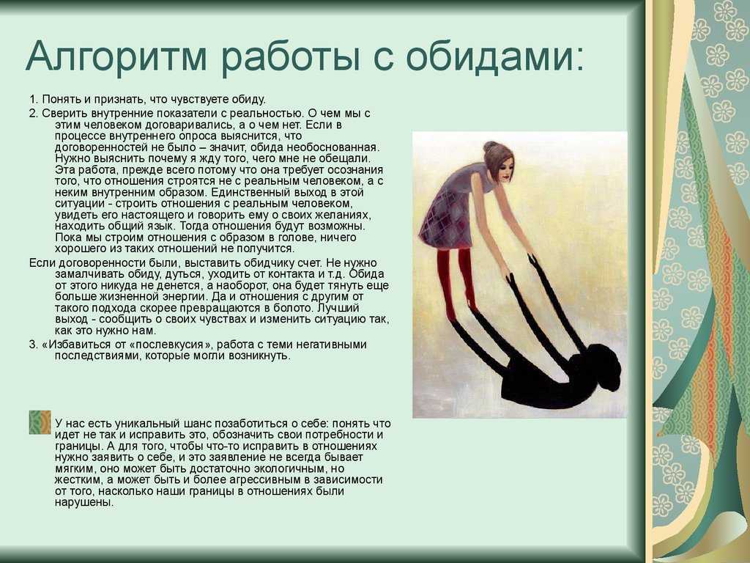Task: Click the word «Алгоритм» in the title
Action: [116, 56]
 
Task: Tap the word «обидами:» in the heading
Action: [495, 56]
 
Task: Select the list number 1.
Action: [33, 100]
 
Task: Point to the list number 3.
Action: [33, 345]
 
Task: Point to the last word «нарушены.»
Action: [84, 503]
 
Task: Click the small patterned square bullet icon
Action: [40, 422]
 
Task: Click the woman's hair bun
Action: [489, 147]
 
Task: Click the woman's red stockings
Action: [457, 282]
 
